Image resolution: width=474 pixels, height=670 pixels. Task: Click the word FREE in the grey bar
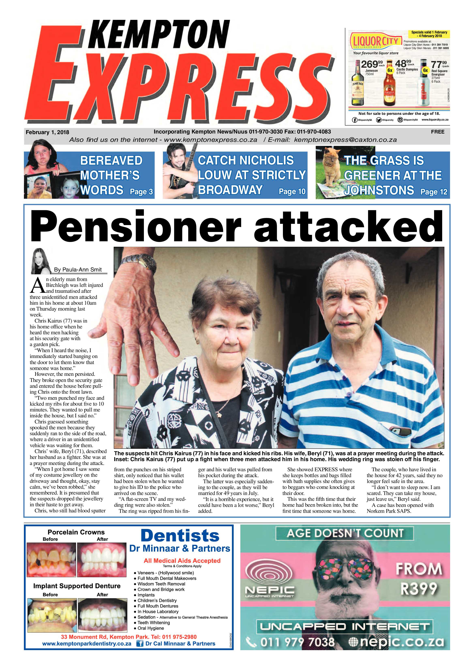pos(438,132)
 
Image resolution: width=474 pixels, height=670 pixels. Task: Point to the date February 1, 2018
pos(47,132)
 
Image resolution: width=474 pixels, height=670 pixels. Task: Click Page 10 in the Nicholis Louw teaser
pos(292,191)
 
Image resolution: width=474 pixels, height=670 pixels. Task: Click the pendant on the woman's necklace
pos(218,414)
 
